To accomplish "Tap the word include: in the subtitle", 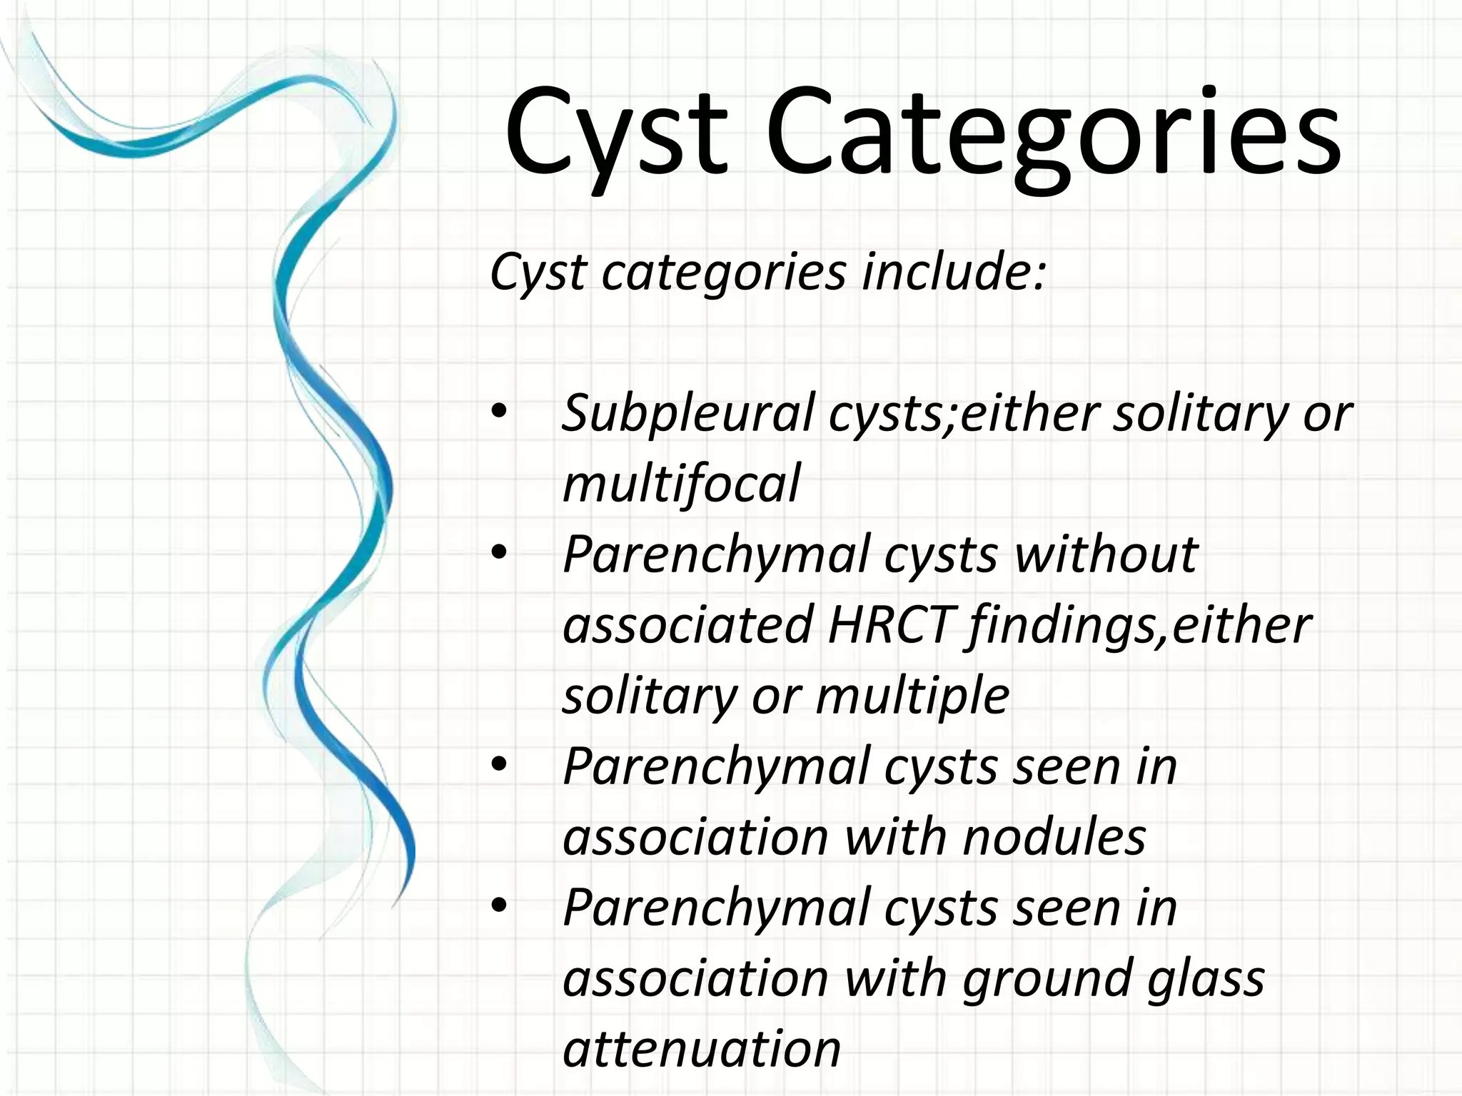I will tap(954, 272).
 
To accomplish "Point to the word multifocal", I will tap(681, 483).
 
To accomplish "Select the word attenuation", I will tap(702, 1048).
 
